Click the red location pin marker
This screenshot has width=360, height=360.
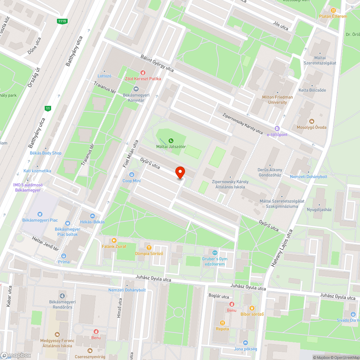180,173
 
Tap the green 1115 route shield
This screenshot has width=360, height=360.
62,21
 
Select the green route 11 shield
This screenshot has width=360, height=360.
48,108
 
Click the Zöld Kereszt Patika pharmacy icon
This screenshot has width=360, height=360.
143,72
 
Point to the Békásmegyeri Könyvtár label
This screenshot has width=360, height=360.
136,98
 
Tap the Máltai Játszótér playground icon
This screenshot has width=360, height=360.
171,140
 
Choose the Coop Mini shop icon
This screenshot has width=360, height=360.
132,175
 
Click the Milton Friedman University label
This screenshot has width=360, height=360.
278,100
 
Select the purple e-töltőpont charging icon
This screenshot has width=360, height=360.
277,129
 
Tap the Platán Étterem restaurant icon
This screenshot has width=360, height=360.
333,10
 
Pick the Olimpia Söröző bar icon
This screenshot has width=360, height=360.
149,247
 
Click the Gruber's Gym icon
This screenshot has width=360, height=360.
215,253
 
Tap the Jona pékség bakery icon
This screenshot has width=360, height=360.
246,343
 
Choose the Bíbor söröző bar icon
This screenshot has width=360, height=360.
252,308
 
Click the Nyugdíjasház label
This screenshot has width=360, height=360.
319,209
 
